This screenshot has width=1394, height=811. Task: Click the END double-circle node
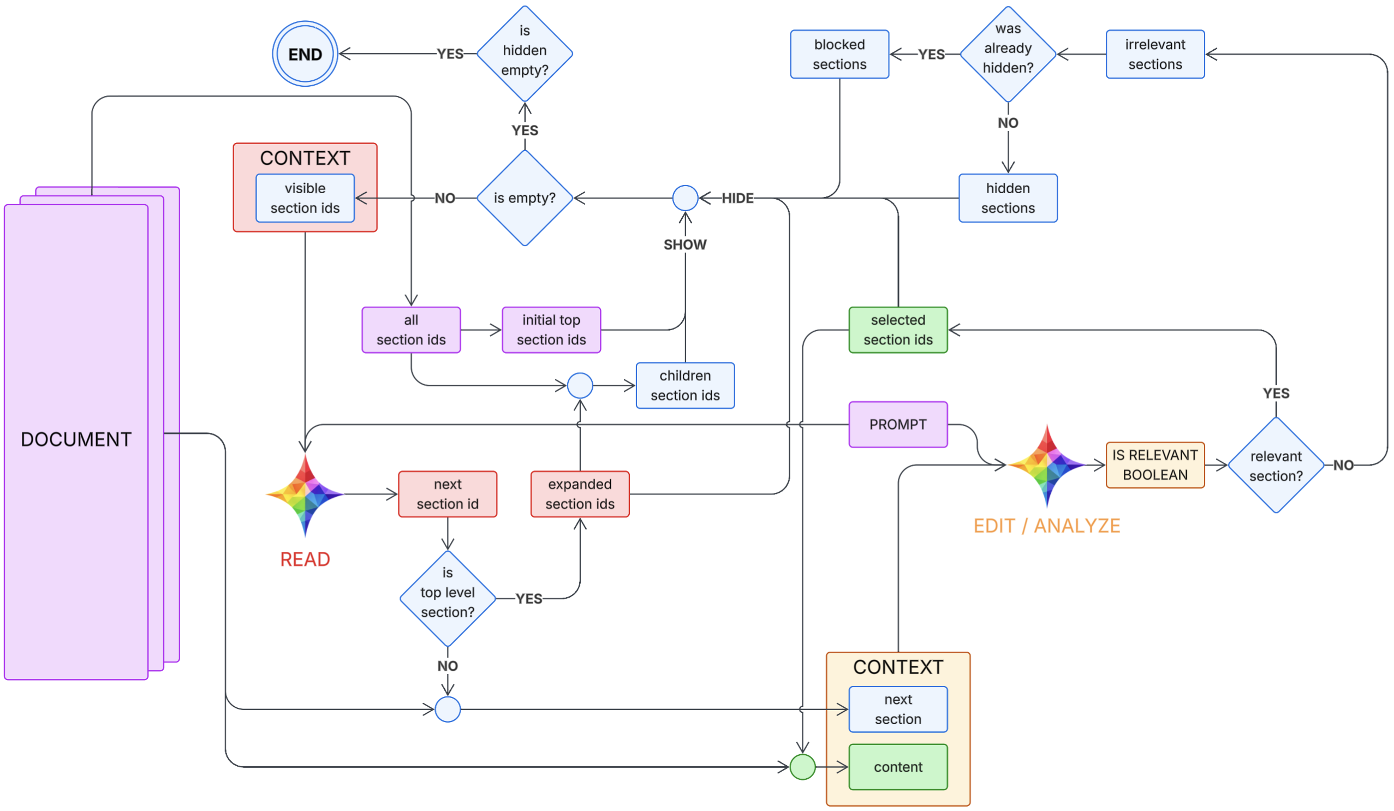click(305, 53)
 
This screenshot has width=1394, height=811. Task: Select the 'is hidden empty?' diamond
click(525, 53)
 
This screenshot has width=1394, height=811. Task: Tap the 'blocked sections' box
click(839, 54)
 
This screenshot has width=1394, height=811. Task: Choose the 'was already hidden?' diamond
click(1008, 53)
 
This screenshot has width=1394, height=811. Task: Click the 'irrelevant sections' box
click(1155, 54)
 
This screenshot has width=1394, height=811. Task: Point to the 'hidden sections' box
click(1008, 198)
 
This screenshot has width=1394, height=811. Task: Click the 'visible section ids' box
click(305, 198)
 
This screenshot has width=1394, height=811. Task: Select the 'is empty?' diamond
click(525, 198)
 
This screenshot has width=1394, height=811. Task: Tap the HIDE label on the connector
click(737, 198)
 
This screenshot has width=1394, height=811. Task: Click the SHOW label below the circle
click(685, 245)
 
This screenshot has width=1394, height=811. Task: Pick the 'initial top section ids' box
click(551, 330)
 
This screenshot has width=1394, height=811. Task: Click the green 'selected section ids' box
click(898, 330)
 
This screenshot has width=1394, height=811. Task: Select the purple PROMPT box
click(898, 424)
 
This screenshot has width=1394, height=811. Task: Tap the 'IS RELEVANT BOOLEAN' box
click(1155, 464)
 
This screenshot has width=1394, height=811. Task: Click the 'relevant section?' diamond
click(1276, 465)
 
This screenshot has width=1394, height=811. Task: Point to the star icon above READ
click(305, 494)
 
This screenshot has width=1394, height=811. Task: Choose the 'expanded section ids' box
click(580, 494)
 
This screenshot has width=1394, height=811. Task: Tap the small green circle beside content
click(802, 767)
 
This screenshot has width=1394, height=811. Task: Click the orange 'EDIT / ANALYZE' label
click(1047, 526)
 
